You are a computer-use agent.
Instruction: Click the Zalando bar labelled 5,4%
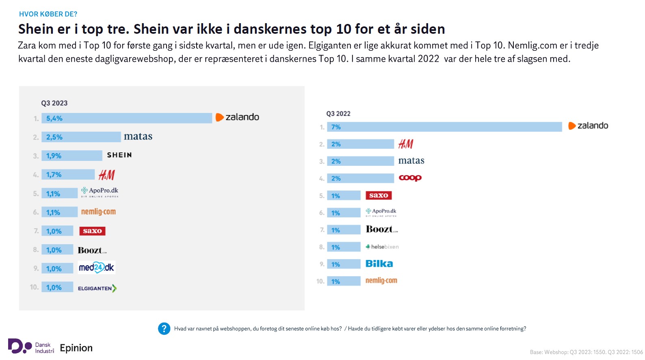click(127, 118)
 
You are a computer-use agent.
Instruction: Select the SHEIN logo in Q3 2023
click(119, 155)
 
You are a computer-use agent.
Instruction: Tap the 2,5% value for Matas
click(54, 137)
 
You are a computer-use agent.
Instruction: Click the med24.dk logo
click(97, 268)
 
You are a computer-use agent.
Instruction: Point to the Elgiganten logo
click(97, 288)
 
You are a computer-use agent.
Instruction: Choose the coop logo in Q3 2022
click(410, 178)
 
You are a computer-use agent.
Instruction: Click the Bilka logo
click(379, 264)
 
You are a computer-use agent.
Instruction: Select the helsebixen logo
click(382, 247)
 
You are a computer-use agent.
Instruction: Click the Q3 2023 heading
click(54, 103)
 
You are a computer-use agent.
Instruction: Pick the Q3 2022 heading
click(338, 114)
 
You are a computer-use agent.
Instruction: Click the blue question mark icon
click(164, 329)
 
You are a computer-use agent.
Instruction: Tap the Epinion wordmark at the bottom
click(76, 348)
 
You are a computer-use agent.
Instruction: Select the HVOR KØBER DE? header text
click(48, 14)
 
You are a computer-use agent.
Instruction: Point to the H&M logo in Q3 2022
click(406, 144)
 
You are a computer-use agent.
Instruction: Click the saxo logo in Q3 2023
click(92, 231)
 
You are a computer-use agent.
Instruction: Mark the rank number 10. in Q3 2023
click(35, 287)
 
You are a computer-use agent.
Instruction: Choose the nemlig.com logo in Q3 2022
click(381, 281)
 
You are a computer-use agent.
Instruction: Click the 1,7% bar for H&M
click(68, 175)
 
